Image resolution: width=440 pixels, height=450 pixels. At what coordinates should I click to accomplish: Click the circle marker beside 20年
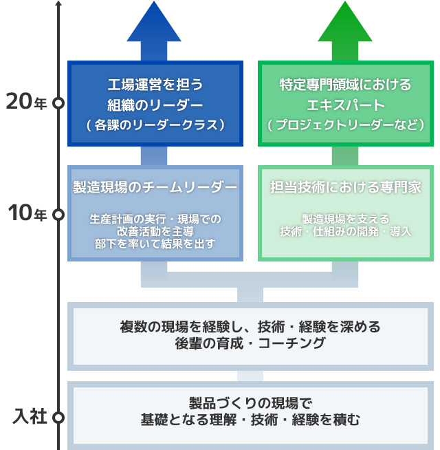click(58, 103)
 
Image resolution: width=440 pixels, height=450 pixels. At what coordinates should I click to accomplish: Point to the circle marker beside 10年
click(58, 214)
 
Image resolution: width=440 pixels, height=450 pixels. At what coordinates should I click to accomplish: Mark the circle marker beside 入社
click(58, 417)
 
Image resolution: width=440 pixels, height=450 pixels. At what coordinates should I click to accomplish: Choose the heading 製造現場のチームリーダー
click(155, 187)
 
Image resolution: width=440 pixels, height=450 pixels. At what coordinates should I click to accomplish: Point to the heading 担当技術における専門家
click(345, 187)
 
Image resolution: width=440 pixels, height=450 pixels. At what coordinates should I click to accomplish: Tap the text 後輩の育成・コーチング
click(250, 343)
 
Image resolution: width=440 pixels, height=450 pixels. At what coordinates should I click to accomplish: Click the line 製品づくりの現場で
click(250, 402)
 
